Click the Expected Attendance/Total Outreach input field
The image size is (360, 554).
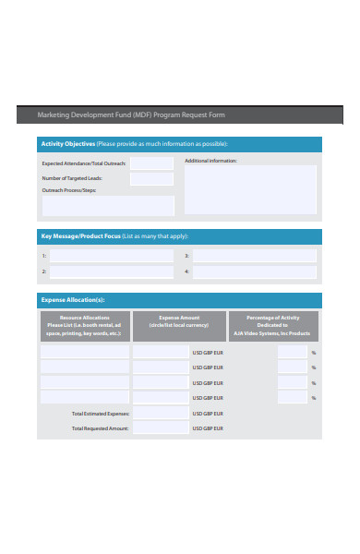(x=151, y=163)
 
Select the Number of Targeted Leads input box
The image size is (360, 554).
(x=151, y=178)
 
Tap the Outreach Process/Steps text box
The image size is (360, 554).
(x=108, y=205)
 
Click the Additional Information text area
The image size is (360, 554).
(x=251, y=188)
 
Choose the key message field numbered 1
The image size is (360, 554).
(x=111, y=256)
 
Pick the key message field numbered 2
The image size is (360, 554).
(x=111, y=272)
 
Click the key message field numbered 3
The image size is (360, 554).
(x=254, y=256)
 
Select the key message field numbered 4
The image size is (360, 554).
(x=254, y=272)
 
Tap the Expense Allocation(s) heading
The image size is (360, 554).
(x=73, y=300)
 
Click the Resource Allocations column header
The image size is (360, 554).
(x=84, y=326)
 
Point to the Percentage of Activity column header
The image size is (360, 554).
(x=273, y=326)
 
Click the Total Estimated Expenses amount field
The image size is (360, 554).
(x=161, y=414)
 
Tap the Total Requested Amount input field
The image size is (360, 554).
(x=161, y=428)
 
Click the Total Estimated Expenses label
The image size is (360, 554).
(x=101, y=414)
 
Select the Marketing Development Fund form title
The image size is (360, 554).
(x=130, y=115)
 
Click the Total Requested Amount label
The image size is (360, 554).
(x=101, y=428)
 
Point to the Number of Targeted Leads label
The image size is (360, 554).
(x=72, y=177)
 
